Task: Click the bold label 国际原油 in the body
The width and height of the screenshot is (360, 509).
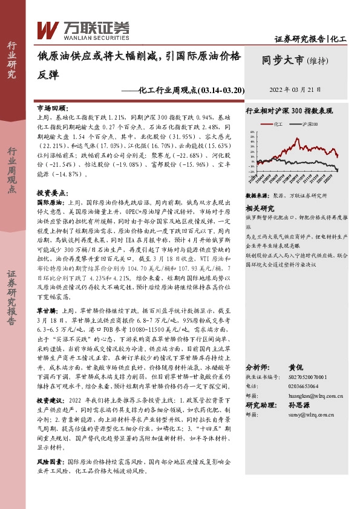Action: (50, 202)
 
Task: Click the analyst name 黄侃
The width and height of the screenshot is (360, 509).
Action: (295, 367)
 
